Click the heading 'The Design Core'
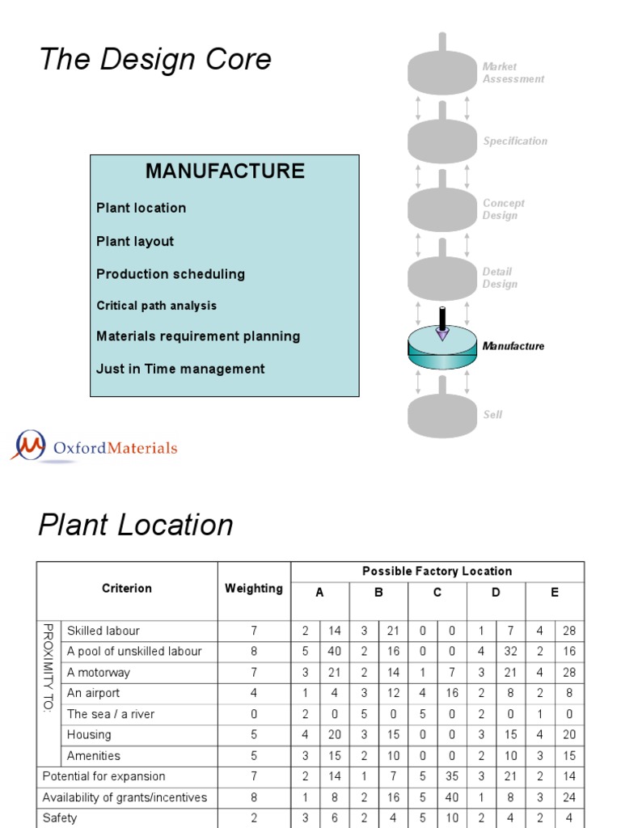(x=155, y=58)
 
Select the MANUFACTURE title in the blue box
(x=225, y=171)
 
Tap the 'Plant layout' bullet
(x=135, y=241)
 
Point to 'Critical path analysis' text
(x=156, y=306)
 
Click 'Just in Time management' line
(x=180, y=369)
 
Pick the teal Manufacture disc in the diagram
(x=442, y=348)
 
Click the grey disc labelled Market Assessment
(x=442, y=72)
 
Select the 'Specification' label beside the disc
(x=515, y=141)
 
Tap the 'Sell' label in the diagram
(x=492, y=415)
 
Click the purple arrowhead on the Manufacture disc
(x=442, y=334)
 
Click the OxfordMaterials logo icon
(x=30, y=445)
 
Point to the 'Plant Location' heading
(x=135, y=525)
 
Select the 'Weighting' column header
(x=253, y=589)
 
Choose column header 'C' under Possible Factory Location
(x=437, y=593)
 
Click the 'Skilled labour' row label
(x=103, y=631)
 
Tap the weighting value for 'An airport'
(x=254, y=693)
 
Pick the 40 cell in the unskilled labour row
(x=334, y=651)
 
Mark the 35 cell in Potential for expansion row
(x=452, y=776)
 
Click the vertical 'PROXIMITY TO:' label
(x=49, y=668)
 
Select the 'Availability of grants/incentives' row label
(x=125, y=797)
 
